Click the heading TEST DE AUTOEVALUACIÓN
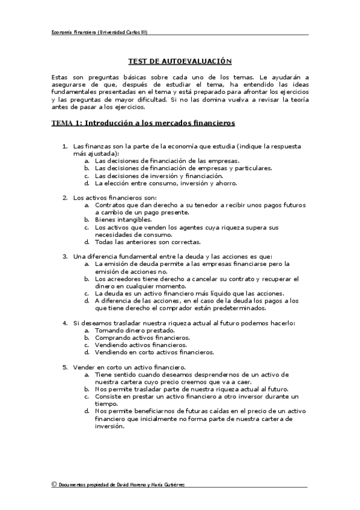pyautogui.click(x=180, y=61)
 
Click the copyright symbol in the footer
pyautogui.click(x=54, y=484)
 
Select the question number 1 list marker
pyautogui.click(x=65, y=147)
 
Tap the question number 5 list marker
pyautogui.click(x=65, y=367)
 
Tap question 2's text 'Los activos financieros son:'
pyautogui.click(x=114, y=198)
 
